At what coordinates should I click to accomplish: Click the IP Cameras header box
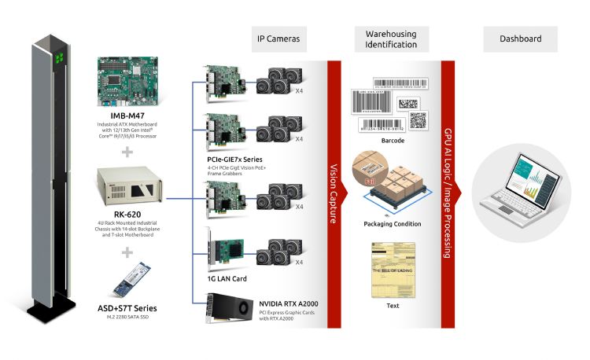point(278,39)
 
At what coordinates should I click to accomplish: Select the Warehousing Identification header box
point(391,39)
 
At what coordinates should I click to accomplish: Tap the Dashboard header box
point(521,39)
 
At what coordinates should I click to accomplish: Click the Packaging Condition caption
point(392,224)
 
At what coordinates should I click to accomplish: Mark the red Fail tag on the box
point(369,182)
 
